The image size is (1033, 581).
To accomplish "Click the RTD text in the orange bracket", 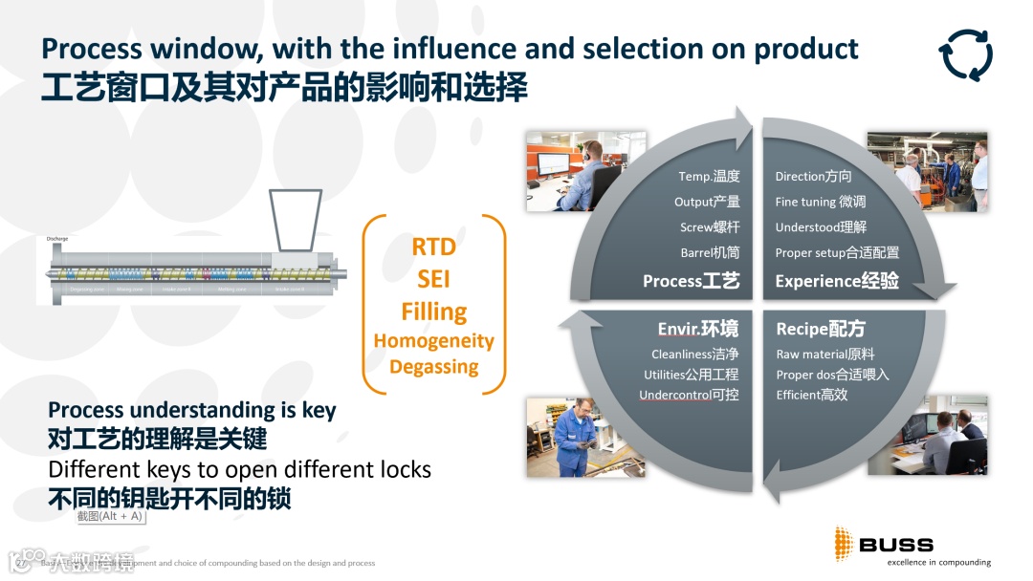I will [x=433, y=247].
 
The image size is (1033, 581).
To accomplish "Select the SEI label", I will [x=433, y=279].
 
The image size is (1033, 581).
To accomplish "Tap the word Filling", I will [x=434, y=312].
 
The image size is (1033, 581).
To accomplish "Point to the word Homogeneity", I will [x=434, y=341].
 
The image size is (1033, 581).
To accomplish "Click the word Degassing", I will [x=434, y=367].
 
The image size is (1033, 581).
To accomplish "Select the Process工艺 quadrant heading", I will [x=692, y=281].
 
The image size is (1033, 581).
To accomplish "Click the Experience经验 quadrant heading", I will [x=837, y=281].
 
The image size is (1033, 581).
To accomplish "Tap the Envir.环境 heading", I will [x=698, y=330].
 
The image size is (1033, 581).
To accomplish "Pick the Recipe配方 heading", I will [x=821, y=330].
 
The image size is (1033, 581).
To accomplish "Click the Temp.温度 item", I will [x=709, y=177].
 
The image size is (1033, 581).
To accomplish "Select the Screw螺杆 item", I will [x=710, y=227].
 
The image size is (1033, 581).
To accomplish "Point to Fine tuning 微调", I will [x=821, y=202].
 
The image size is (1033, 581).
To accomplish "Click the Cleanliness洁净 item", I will [x=695, y=355].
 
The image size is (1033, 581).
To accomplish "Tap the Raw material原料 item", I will [x=825, y=355].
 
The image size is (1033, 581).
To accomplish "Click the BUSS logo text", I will [x=895, y=545].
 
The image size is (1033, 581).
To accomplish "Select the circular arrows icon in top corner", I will [x=965, y=54].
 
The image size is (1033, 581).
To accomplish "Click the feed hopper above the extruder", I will [x=294, y=221].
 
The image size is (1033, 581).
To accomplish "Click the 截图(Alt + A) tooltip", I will [x=110, y=516].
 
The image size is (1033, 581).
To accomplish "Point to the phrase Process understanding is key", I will [x=192, y=411].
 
